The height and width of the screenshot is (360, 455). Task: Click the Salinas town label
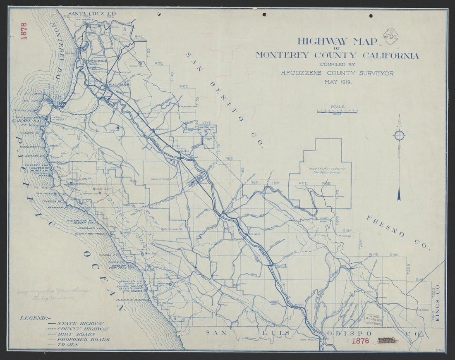[x=119, y=85]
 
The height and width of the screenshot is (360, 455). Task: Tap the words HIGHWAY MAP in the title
[x=337, y=41]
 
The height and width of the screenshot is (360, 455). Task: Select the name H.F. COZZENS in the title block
[x=307, y=73]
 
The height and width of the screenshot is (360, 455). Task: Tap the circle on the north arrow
[x=399, y=135]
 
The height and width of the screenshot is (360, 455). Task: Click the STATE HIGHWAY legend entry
[x=80, y=323]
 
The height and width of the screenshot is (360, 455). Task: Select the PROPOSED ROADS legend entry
[x=83, y=339]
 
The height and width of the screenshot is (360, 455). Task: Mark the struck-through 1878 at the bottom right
[x=387, y=341]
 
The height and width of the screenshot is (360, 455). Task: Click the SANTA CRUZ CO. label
[x=93, y=14]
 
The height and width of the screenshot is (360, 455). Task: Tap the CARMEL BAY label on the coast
[x=25, y=121]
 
